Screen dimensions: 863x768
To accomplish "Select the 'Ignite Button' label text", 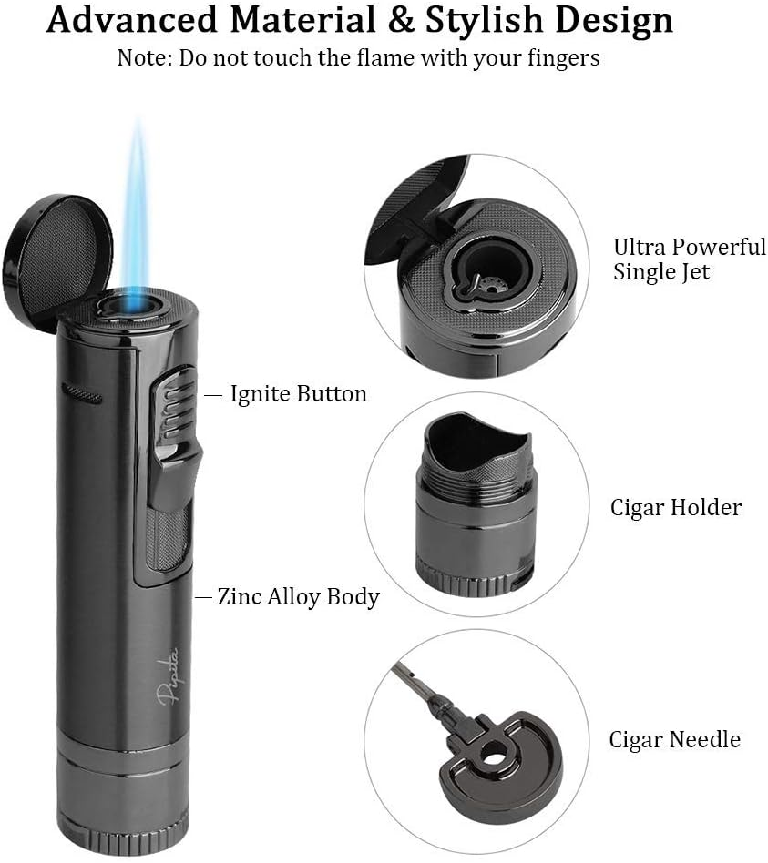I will [298, 394].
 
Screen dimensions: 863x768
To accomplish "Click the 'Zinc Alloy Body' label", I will [298, 597].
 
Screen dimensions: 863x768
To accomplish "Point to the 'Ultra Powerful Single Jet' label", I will [688, 259].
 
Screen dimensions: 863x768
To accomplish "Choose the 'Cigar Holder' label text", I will [675, 507].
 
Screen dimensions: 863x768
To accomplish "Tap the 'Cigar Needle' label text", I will [674, 739].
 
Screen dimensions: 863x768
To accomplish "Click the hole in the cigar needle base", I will [495, 756].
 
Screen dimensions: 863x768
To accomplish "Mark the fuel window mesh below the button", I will [168, 537].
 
